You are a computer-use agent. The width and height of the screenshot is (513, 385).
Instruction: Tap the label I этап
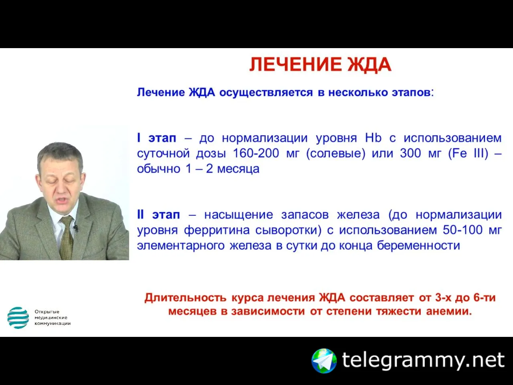(156, 138)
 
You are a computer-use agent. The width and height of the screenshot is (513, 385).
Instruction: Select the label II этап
(158, 215)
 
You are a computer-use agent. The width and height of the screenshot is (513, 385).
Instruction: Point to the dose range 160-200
(256, 153)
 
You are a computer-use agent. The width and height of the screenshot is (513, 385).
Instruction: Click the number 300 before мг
(410, 153)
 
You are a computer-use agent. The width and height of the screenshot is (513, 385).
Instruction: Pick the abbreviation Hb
(373, 138)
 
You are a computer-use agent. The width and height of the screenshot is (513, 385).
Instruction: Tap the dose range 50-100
(463, 230)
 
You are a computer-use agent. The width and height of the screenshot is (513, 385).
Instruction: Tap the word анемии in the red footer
(449, 311)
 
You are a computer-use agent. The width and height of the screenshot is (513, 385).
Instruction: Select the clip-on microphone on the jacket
(75, 228)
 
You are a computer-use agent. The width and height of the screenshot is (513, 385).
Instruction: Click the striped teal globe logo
(18, 318)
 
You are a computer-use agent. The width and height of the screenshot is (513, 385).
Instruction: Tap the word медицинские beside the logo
(51, 318)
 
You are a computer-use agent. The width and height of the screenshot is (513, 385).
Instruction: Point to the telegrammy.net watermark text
(423, 361)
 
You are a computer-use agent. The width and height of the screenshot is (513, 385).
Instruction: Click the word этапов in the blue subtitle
(411, 93)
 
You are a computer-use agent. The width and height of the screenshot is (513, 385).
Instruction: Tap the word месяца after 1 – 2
(238, 169)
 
